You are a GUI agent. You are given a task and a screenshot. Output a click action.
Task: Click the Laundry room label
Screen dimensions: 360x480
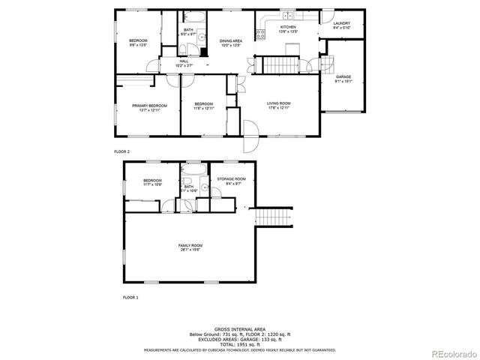(341, 25)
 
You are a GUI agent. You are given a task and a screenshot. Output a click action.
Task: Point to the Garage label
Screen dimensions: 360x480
(343, 79)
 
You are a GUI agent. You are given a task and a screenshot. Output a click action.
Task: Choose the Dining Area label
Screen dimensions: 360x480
(230, 42)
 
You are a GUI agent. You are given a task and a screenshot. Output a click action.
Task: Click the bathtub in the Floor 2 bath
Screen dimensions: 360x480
(188, 17)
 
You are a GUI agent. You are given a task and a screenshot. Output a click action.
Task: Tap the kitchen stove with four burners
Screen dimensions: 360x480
(260, 34)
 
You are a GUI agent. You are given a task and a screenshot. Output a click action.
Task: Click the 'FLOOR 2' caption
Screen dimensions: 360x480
(121, 151)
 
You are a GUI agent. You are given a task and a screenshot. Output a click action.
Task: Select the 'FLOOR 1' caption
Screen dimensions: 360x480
(130, 298)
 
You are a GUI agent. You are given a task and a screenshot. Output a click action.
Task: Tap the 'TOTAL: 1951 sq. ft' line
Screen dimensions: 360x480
(243, 345)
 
